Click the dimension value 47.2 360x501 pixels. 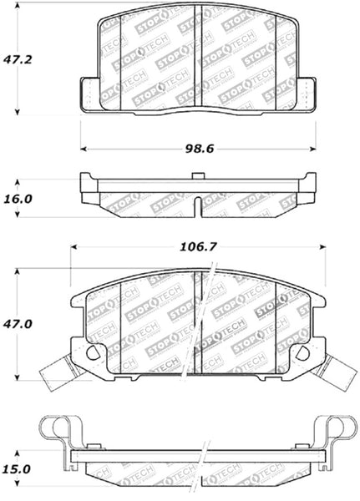(x=18, y=61)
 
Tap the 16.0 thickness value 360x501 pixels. (x=18, y=199)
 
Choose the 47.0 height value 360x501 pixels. (x=18, y=324)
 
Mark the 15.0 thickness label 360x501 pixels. (x=18, y=470)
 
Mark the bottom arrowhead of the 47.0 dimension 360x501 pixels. (x=18, y=377)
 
